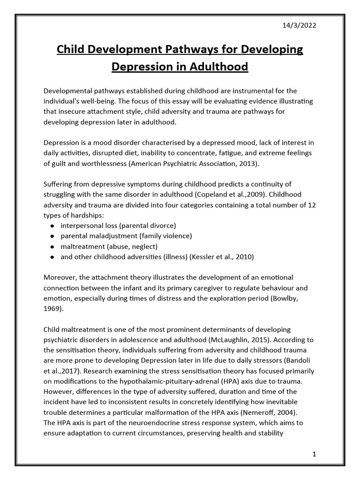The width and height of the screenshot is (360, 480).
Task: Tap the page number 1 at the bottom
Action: [x=315, y=454]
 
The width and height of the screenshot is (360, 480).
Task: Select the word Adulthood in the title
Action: [x=218, y=67]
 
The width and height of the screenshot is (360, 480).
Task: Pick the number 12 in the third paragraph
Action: [x=311, y=205]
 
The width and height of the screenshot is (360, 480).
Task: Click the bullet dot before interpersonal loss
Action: [x=51, y=226]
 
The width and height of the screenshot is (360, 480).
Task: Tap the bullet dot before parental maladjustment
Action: [x=51, y=236]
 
